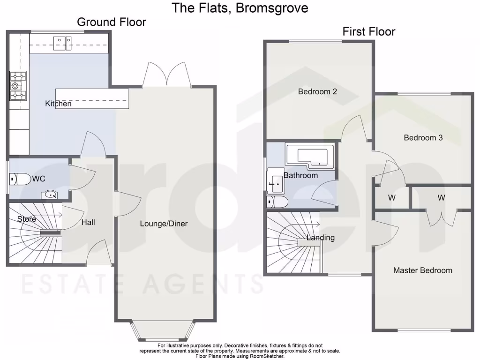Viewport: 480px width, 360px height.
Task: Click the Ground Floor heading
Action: click(111, 22)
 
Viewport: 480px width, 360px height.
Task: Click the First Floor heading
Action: click(368, 32)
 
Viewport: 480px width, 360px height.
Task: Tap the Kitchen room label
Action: click(58, 104)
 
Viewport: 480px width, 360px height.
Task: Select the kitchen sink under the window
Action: click(62, 43)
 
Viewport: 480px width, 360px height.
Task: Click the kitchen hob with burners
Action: click(18, 86)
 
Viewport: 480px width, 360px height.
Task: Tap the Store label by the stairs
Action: click(26, 219)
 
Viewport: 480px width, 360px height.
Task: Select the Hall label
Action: click(88, 222)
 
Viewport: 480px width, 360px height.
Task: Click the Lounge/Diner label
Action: click(164, 224)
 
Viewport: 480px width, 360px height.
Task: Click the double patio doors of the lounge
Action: click(166, 75)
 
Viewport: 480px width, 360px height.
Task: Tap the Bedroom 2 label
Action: click(317, 92)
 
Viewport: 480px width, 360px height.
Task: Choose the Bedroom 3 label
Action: click(423, 138)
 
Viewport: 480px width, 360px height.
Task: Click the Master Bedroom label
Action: click(422, 270)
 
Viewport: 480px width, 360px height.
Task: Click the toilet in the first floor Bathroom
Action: click(277, 202)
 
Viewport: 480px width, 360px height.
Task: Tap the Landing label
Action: click(321, 238)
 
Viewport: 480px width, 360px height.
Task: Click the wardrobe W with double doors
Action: click(441, 198)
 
